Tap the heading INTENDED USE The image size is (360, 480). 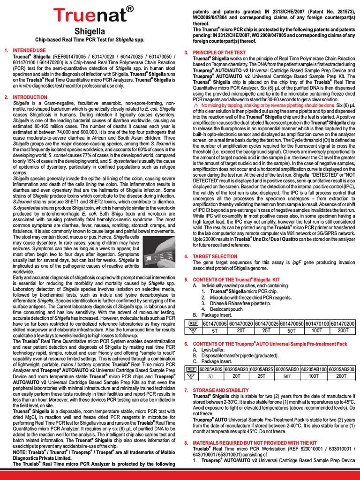(x=29, y=50)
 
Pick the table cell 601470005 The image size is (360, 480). (x=215, y=323)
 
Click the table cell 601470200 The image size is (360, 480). (x=343, y=323)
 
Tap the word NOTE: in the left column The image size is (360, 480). (x=21, y=453)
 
